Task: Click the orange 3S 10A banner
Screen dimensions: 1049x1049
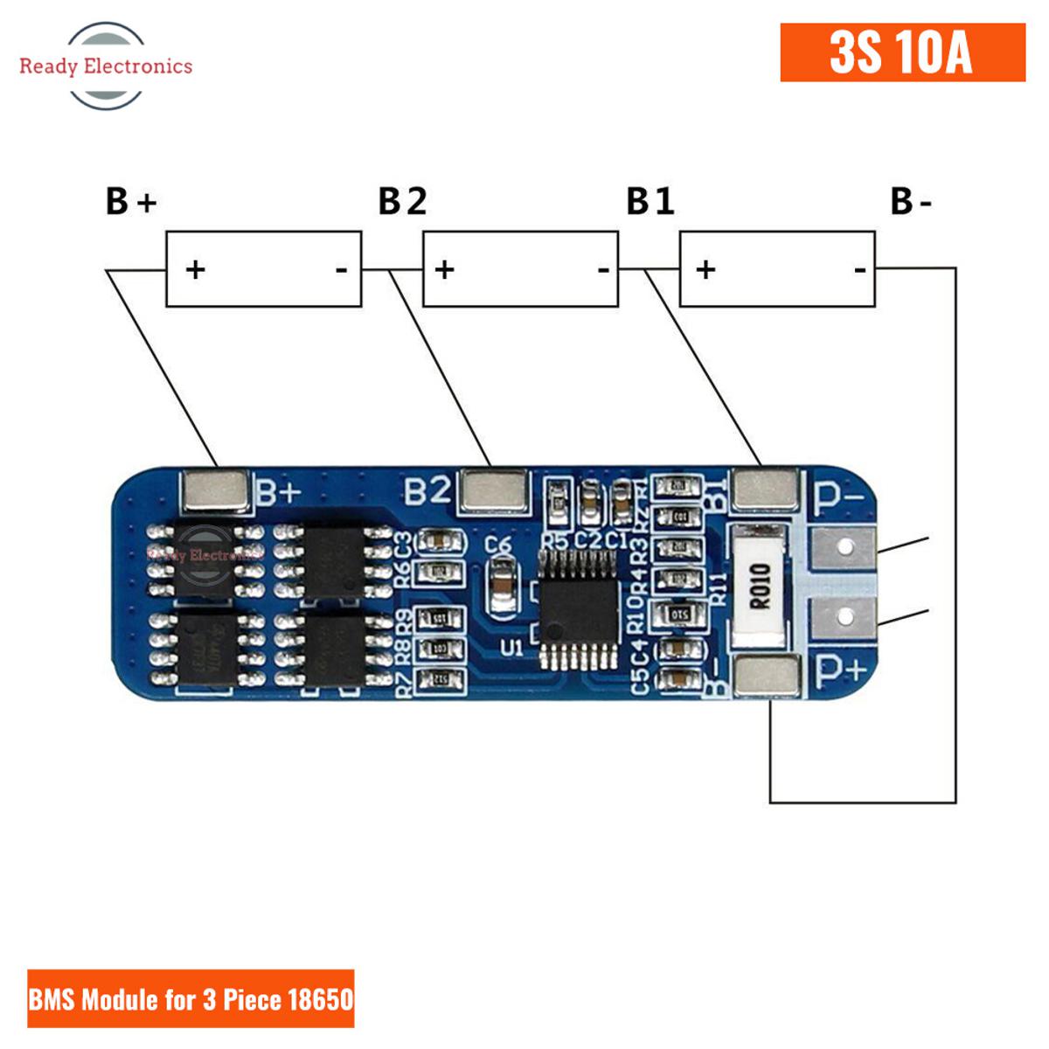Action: (x=902, y=52)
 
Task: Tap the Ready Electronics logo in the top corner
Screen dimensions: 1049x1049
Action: (x=106, y=66)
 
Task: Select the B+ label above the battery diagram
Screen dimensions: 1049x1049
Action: (x=131, y=201)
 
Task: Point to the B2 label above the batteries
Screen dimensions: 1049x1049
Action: (x=402, y=201)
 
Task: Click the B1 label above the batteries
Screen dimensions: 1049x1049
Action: (x=650, y=201)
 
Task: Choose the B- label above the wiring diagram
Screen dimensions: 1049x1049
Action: (x=912, y=201)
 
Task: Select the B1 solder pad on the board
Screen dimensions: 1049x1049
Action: (x=766, y=490)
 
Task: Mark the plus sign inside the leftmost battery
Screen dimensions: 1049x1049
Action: (x=195, y=268)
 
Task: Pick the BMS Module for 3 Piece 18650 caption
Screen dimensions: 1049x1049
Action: (x=191, y=998)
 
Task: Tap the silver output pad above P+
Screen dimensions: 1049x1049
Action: (x=844, y=618)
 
